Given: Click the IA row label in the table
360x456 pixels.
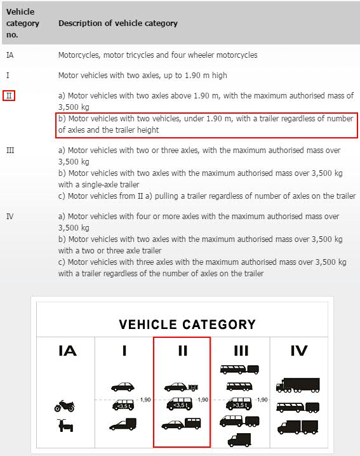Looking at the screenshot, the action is [10, 55].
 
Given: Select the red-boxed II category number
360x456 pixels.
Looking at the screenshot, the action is [9, 96].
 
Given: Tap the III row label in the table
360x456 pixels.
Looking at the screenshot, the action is [10, 151].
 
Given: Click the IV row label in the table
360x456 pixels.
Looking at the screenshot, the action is [10, 217].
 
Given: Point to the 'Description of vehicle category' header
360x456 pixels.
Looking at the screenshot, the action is [118, 23].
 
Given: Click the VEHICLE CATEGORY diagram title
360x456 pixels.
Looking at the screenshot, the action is [187, 325].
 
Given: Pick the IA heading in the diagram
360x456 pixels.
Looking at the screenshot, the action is [67, 351].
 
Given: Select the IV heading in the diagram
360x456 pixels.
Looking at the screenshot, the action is [299, 351].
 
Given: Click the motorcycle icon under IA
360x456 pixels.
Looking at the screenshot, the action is [65, 406].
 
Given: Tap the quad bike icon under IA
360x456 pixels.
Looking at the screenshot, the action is [65, 426].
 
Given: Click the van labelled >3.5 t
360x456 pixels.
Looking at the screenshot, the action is [239, 404].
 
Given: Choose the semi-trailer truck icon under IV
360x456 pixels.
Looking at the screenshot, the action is [298, 386].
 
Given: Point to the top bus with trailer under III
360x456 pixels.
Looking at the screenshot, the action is [239, 370].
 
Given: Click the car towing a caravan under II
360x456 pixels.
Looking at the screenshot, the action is [181, 424].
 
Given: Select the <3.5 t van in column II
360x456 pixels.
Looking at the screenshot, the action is [180, 404].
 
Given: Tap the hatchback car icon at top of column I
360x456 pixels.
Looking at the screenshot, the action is [123, 387].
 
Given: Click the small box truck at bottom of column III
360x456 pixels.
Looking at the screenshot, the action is [239, 440].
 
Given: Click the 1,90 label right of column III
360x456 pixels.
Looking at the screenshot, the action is [262, 399].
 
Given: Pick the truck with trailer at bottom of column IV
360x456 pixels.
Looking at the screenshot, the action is [298, 427].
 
